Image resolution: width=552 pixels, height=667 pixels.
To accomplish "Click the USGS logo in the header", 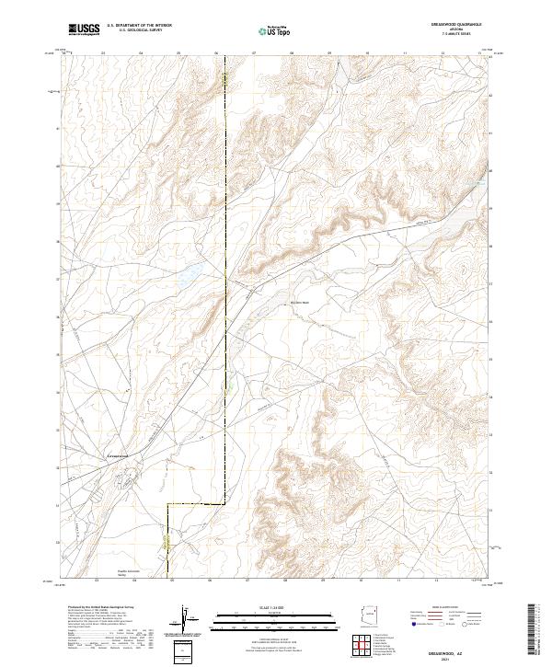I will [x=84, y=30].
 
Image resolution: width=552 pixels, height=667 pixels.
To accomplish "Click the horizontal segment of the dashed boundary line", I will [x=195, y=504].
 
